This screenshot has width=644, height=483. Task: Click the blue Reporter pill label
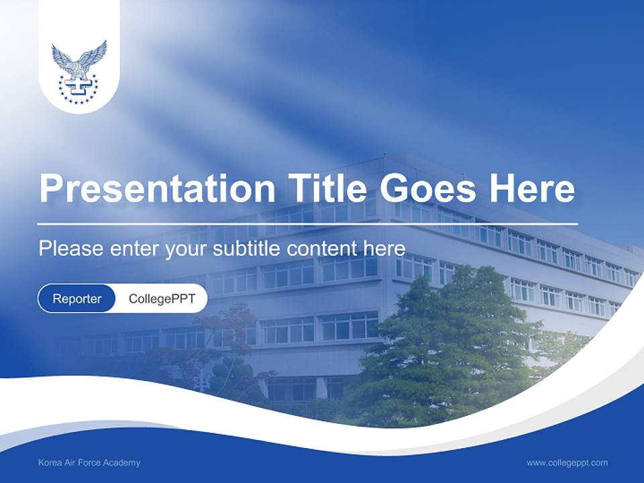tap(77, 299)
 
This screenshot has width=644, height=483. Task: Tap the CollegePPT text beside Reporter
tap(162, 299)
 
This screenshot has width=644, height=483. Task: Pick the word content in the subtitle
tap(323, 249)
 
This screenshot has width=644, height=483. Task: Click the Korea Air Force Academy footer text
tap(89, 462)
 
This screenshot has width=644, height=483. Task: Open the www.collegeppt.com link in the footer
tap(567, 462)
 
